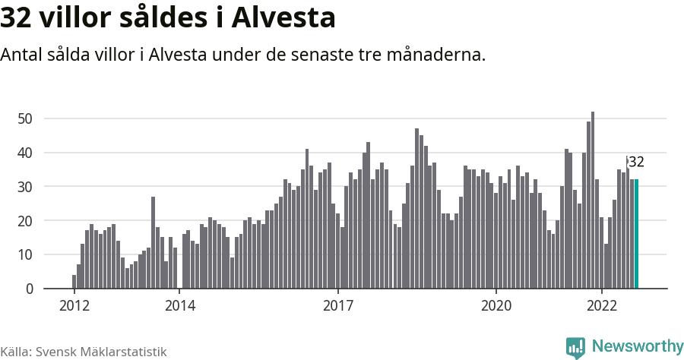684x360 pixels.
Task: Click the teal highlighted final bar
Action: (x=636, y=234)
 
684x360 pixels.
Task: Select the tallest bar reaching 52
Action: (x=593, y=201)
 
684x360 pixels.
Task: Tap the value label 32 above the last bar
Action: (x=636, y=162)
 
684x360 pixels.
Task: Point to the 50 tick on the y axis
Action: (x=25, y=118)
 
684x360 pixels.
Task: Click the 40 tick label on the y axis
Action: (x=25, y=153)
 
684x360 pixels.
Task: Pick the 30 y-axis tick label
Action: (x=25, y=187)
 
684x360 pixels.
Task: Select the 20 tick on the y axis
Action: (x=25, y=221)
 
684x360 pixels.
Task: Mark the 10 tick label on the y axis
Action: (x=25, y=255)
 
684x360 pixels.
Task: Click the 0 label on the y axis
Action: (x=29, y=289)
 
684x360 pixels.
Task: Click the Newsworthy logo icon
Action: (x=575, y=347)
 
